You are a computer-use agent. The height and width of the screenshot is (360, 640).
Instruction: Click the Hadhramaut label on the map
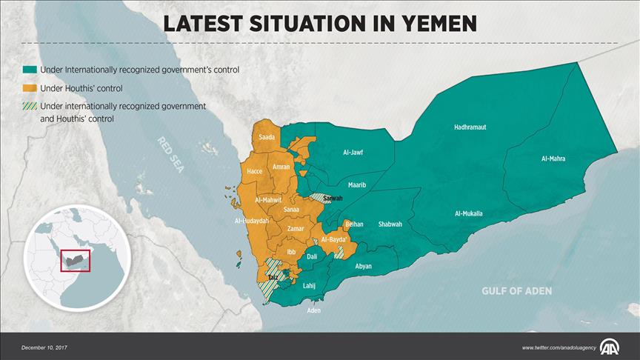point(470,127)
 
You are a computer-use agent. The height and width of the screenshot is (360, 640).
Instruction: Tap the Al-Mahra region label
point(553,159)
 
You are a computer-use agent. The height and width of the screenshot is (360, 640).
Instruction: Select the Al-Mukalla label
point(468,213)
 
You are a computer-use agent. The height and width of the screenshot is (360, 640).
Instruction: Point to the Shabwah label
point(390,224)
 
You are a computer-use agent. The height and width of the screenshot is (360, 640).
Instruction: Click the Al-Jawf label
point(353,153)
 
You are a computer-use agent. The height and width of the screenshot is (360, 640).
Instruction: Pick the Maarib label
point(357,184)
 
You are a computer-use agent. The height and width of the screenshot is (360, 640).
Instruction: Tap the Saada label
point(267,138)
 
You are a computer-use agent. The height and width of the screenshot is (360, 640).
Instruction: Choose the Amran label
point(281,167)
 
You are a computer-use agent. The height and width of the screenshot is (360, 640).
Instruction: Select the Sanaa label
point(291,210)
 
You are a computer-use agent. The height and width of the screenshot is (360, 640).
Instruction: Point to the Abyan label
point(364,266)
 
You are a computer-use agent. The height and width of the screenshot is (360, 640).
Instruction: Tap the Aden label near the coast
point(314,310)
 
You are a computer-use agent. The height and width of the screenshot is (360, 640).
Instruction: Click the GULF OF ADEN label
point(516,291)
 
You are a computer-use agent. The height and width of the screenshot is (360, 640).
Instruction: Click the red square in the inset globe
point(75,261)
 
